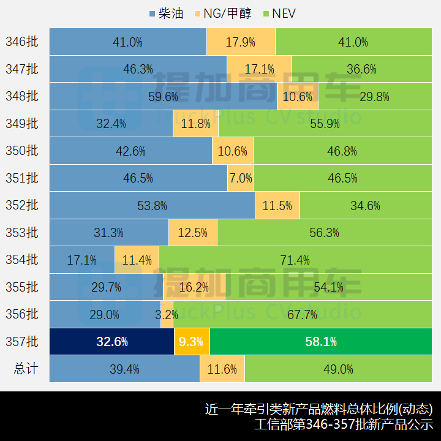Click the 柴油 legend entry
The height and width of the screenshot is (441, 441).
click(166, 13)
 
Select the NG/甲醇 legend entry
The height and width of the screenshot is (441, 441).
click(221, 13)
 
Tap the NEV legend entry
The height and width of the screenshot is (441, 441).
click(279, 13)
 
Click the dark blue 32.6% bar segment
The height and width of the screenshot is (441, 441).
click(111, 342)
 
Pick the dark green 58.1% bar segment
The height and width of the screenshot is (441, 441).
click(321, 342)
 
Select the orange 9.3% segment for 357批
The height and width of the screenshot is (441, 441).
click(192, 342)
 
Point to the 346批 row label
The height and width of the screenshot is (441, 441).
click(22, 42)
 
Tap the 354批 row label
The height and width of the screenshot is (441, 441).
click(22, 260)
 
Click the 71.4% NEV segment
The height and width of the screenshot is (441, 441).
click(294, 260)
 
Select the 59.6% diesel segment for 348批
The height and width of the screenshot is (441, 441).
click(163, 96)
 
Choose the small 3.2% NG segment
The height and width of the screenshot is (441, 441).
click(167, 315)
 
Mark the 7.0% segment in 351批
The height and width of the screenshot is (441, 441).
click(241, 178)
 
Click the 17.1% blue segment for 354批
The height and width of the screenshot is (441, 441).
click(82, 260)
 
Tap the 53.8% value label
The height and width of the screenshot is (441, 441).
click(152, 206)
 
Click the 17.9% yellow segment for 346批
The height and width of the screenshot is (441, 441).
click(241, 42)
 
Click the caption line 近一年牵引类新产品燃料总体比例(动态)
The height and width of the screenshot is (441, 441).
click(318, 409)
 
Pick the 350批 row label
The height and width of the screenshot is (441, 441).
click(22, 151)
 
